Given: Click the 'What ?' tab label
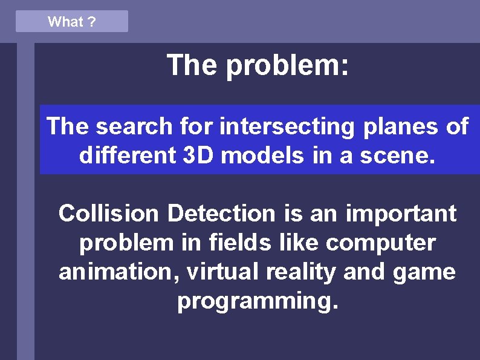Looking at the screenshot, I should click(71, 22).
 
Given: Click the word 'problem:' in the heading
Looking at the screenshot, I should click(287, 65).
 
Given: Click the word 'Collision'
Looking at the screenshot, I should click(109, 214).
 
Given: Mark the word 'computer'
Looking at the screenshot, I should click(380, 243).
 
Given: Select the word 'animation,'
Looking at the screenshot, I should click(119, 272).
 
